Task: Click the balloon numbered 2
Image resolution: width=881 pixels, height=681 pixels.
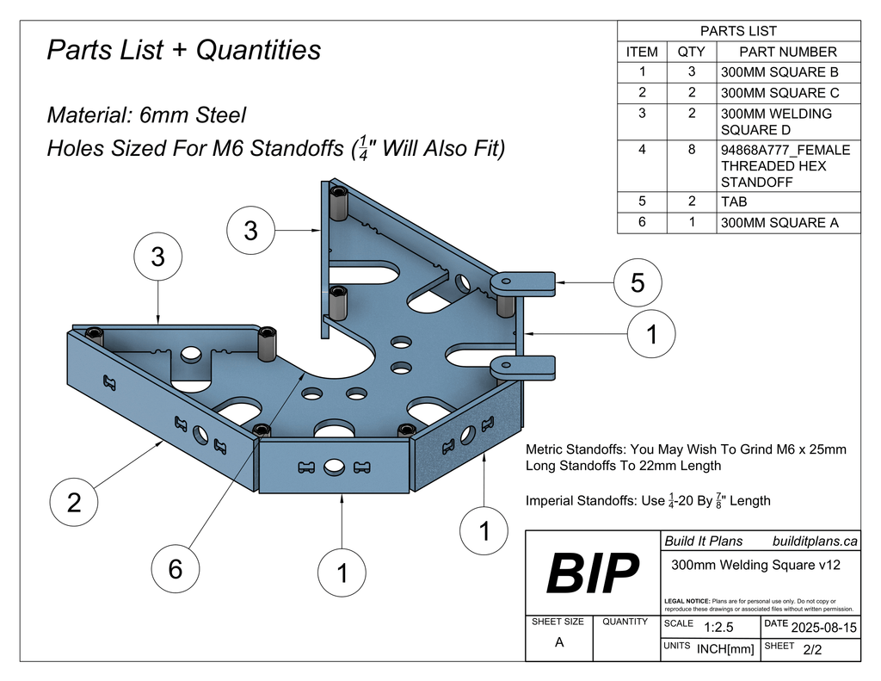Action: [74, 502]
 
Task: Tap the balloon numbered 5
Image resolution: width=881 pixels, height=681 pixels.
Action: [638, 282]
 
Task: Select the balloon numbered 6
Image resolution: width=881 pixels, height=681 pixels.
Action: [176, 569]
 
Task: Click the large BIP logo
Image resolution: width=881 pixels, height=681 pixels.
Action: [594, 573]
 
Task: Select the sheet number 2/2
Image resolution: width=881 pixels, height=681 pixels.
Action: [811, 650]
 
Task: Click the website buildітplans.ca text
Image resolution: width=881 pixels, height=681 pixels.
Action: [814, 542]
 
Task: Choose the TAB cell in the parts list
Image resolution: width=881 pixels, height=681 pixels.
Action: [734, 201]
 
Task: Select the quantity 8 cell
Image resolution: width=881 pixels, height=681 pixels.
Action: [692, 150]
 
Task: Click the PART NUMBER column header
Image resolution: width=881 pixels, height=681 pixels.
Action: [787, 52]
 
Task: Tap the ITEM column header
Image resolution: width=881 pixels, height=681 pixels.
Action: [642, 52]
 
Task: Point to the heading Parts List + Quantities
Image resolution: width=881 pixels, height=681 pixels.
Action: [183, 50]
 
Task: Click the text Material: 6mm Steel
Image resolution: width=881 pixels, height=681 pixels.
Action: [146, 115]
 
